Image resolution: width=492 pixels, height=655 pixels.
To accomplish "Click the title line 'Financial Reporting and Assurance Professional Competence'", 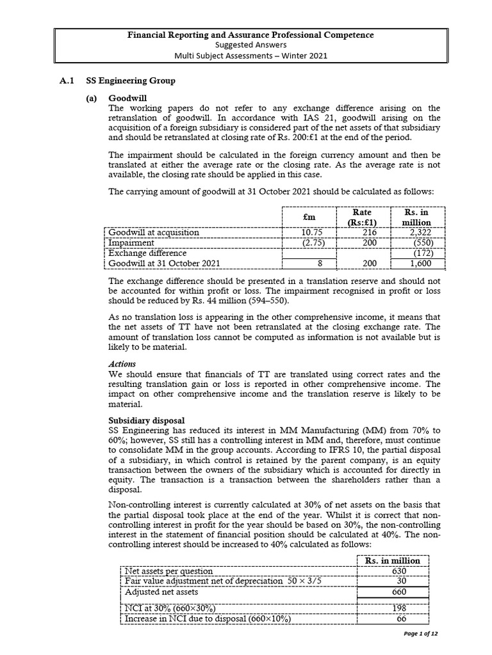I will pyautogui.click(x=251, y=35).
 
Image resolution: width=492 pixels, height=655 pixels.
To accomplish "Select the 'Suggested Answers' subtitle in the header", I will pyautogui.click(x=251, y=45).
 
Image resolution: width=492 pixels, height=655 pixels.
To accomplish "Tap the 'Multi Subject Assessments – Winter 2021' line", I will pyautogui.click(x=251, y=56).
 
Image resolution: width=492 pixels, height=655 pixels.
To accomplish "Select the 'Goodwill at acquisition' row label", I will pyautogui.click(x=154, y=232).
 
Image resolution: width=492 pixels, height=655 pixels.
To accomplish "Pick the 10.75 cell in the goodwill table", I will pyautogui.click(x=310, y=232).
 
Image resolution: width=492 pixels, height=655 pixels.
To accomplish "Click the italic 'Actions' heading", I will pyautogui.click(x=122, y=364).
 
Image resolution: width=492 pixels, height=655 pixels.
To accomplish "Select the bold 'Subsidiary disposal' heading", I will pyautogui.click(x=146, y=420).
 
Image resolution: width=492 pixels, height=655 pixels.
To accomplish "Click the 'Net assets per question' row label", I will pyautogui.click(x=168, y=571).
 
